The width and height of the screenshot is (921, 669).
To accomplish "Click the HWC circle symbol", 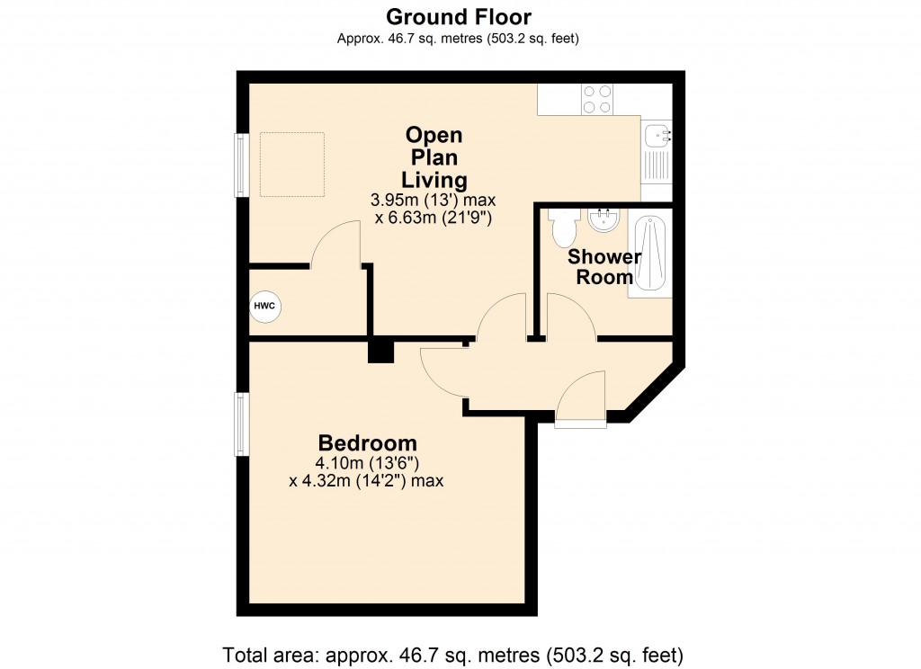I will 265,307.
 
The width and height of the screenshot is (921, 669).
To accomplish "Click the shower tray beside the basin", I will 650,255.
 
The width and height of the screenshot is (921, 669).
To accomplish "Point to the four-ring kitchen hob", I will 597,98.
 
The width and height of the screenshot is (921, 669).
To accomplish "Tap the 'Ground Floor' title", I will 459,16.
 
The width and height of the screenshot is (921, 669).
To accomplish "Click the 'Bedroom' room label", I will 368,443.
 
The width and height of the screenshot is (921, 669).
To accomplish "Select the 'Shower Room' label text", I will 604,267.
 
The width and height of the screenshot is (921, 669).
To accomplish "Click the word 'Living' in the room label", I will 434,180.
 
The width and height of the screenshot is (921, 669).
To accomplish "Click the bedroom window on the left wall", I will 242,424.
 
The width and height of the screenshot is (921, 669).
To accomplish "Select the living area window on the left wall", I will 242,165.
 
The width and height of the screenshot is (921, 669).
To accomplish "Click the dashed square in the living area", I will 292,164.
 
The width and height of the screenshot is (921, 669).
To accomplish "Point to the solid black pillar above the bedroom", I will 380,351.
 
